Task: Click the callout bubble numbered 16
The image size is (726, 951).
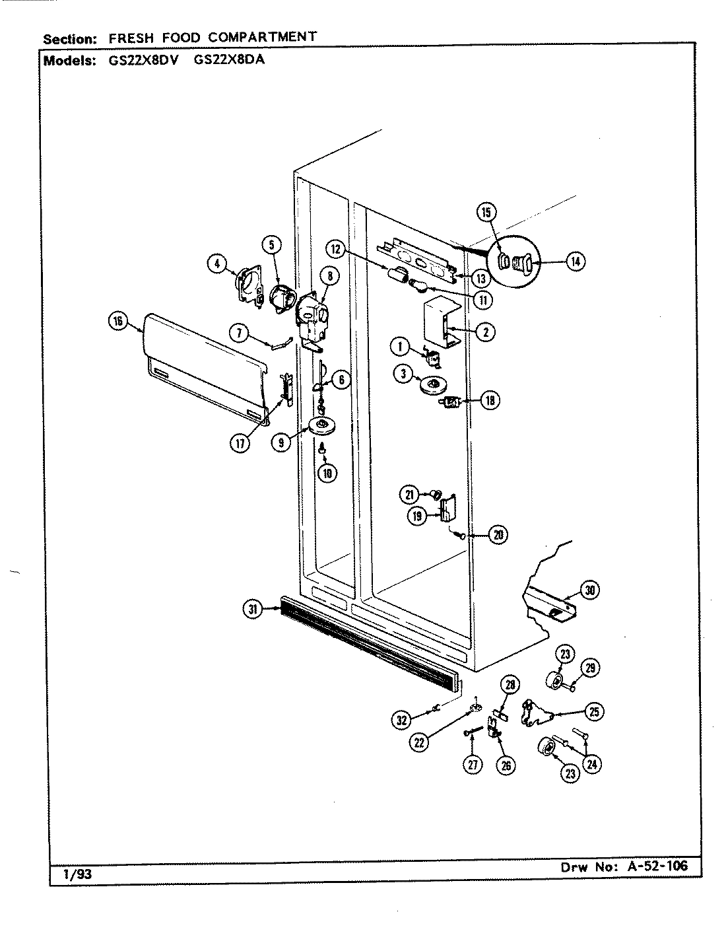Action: click(118, 322)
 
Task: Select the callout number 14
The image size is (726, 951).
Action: click(575, 262)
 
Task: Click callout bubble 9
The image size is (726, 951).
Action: click(282, 443)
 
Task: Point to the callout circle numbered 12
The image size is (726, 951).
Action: click(337, 249)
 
